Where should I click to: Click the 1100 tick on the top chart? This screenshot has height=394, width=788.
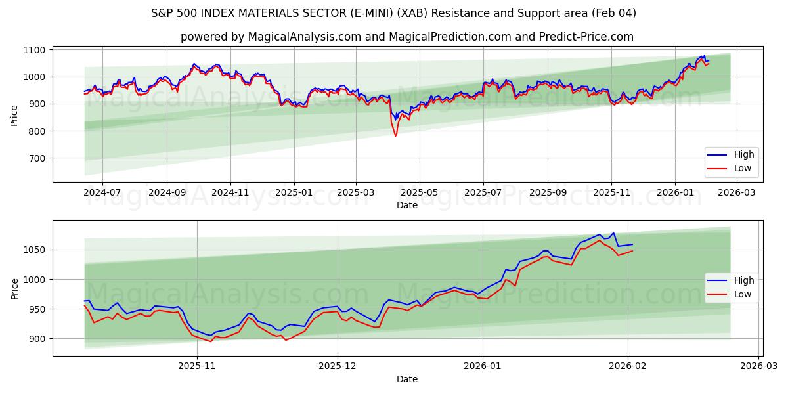[35, 50]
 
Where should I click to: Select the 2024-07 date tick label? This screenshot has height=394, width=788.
[102, 193]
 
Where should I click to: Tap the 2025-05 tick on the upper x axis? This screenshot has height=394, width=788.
[419, 193]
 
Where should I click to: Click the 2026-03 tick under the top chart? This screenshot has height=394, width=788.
[737, 193]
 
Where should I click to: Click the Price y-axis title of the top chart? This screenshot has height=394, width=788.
[14, 114]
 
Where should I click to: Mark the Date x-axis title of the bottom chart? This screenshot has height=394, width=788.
[407, 379]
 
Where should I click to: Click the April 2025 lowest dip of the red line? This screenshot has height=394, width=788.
[395, 135]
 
